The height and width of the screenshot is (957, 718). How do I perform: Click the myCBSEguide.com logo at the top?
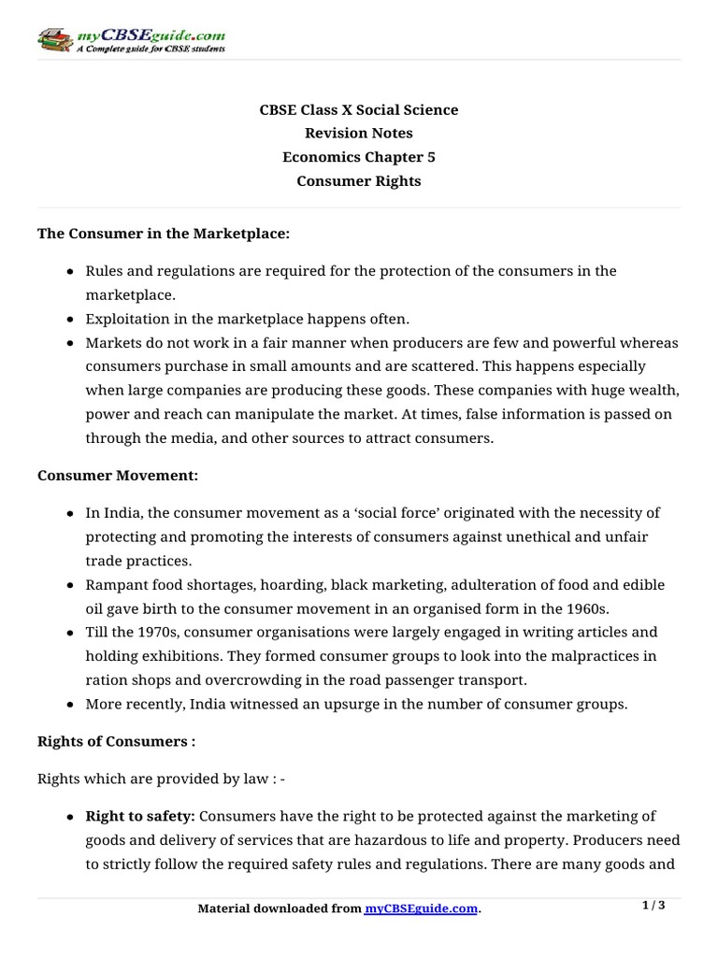coord(131,40)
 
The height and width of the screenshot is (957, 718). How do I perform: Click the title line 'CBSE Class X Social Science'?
coord(358,110)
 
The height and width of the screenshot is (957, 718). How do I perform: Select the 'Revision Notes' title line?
coord(358,134)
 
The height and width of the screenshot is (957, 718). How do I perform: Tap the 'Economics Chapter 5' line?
coord(358,157)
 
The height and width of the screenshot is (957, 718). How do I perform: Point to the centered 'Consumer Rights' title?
coord(358,181)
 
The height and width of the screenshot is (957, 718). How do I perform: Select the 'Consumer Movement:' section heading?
coord(118,476)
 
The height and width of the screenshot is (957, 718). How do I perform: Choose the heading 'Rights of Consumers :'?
coord(117,741)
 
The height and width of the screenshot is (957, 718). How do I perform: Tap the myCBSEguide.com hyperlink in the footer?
coord(421,908)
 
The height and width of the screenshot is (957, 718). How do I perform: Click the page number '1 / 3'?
coord(653,906)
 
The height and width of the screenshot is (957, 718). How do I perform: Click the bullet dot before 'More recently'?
coord(72,705)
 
